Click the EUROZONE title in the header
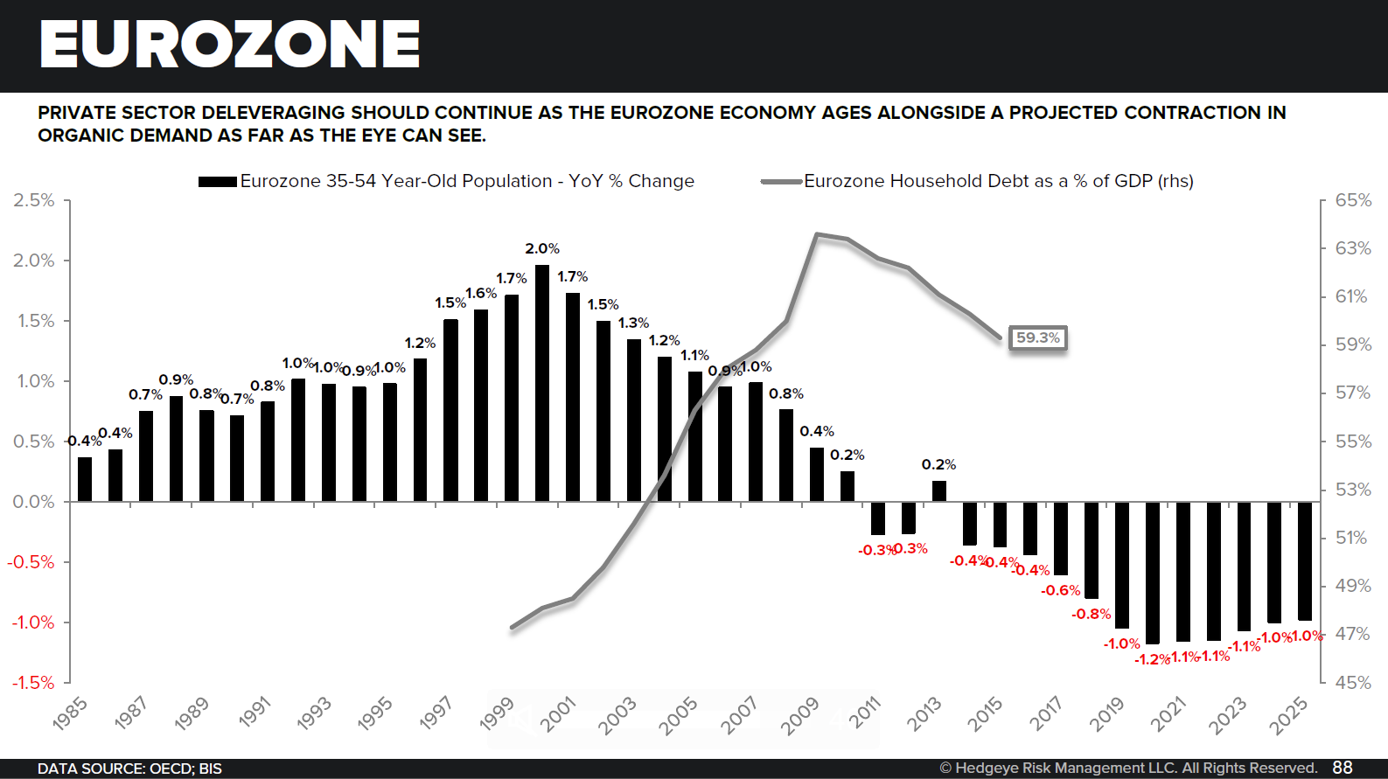coord(229,45)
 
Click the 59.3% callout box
coord(1037,337)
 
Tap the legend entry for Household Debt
coord(998,181)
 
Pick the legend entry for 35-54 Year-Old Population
coord(467,181)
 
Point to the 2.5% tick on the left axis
coord(34,200)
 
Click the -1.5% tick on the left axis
coord(32,682)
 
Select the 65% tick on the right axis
coord(1352,200)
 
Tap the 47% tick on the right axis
coord(1352,634)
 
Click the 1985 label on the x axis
coord(70,713)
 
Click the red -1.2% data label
coord(1152,659)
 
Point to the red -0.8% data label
coord(1091,614)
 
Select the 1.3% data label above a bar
coord(633,323)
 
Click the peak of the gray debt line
coord(816,234)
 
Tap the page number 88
coord(1343,768)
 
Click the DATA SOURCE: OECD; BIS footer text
coord(129,769)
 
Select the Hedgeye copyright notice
coord(1128,768)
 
